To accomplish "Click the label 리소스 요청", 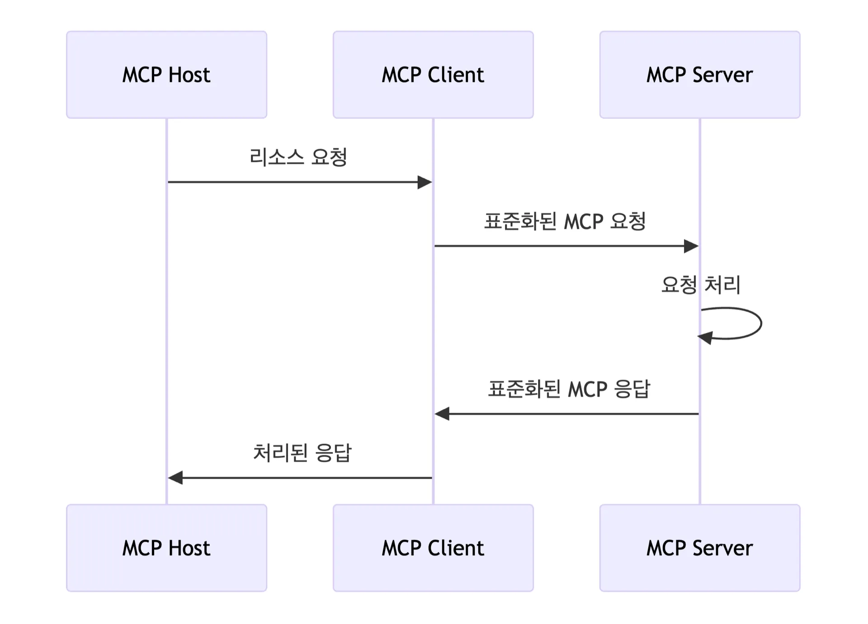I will tap(298, 157).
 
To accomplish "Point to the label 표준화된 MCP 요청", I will tap(565, 221).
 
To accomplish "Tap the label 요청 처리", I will tap(700, 285).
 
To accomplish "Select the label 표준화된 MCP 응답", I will tap(568, 389).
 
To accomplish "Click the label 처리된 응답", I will tap(302, 453).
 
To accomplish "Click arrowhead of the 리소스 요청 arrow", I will tap(425, 182).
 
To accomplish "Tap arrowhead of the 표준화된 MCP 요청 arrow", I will tap(692, 246).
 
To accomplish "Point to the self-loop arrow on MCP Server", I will tap(761, 323).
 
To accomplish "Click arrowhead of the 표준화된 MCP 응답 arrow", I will tap(442, 413).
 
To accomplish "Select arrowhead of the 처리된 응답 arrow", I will tap(175, 477).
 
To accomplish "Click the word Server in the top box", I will tap(722, 75).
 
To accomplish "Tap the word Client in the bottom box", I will tap(456, 548).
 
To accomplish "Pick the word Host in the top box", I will tap(189, 75).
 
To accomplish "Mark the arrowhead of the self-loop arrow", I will tap(705, 337).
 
